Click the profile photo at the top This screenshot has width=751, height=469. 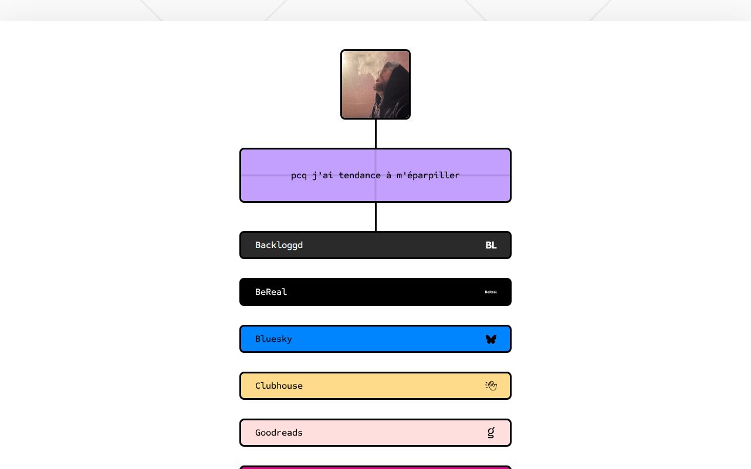[x=375, y=84]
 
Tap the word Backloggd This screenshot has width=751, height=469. [x=279, y=245]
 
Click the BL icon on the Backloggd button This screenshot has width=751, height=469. [x=491, y=245]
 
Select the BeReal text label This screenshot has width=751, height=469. [x=271, y=292]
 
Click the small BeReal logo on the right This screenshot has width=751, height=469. [x=491, y=292]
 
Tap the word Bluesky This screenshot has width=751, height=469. [x=273, y=339]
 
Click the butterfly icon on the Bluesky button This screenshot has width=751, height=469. [x=491, y=339]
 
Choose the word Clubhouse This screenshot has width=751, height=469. [x=279, y=386]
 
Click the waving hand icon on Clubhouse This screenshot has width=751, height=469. [x=491, y=386]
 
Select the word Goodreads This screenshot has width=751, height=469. [x=279, y=433]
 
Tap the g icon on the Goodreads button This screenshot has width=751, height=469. [x=491, y=433]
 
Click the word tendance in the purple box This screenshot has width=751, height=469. [x=360, y=175]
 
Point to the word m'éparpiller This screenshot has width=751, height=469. [x=428, y=175]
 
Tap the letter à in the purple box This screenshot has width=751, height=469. [x=388, y=175]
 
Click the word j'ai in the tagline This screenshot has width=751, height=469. [x=323, y=175]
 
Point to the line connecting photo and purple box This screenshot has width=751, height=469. [x=375, y=134]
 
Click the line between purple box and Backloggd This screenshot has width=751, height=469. [x=375, y=217]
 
